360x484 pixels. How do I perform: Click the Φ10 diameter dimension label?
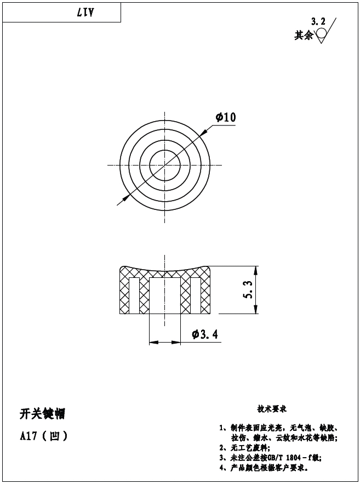tap(226, 117)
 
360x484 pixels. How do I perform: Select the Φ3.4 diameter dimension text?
tap(205, 334)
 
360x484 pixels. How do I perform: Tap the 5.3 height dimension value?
tap(248, 290)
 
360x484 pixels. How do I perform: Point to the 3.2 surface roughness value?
tap(318, 22)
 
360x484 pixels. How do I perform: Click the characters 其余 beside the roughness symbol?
tap(304, 35)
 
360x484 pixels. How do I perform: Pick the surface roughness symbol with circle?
tap(322, 33)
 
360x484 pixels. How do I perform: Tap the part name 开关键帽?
tap(42, 414)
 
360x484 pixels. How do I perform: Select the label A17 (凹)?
tap(44, 437)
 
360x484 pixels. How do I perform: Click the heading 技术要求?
tap(272, 409)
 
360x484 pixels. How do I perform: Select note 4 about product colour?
tap(264, 468)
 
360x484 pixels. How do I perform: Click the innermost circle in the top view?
tap(165, 165)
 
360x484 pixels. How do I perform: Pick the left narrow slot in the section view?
tap(134, 295)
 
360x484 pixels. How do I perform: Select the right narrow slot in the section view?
tap(195, 295)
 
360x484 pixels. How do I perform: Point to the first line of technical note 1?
tap(278, 428)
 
